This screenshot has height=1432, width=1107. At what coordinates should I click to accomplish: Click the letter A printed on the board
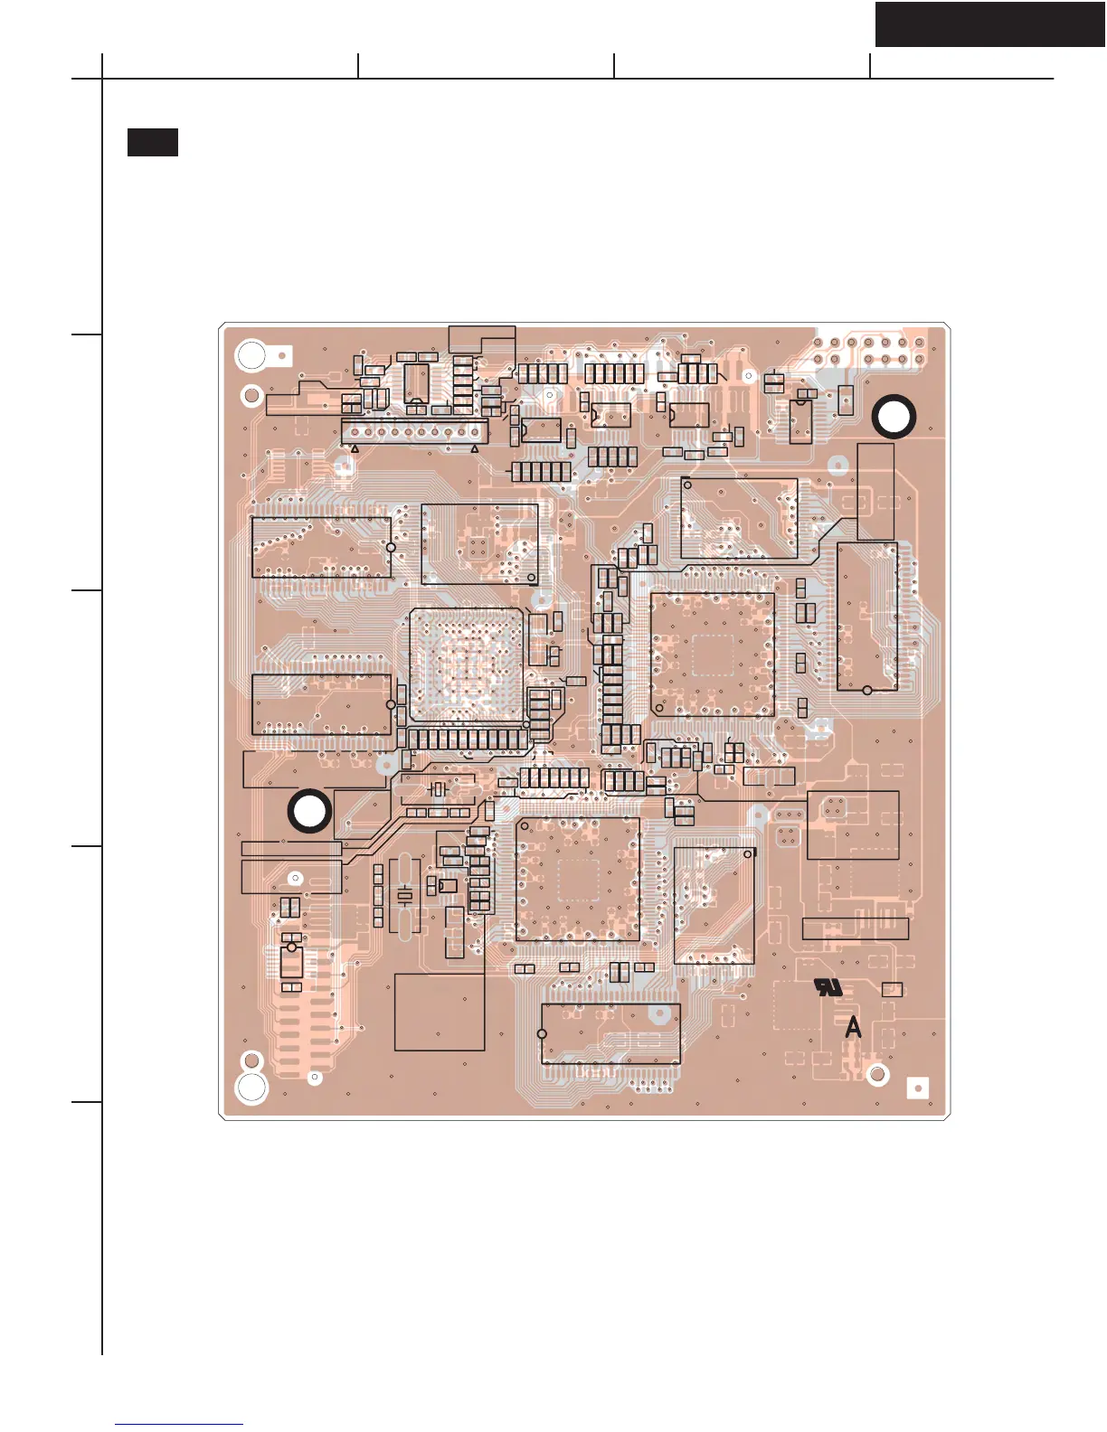click(853, 1028)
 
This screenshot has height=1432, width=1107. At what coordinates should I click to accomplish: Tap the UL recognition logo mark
click(828, 986)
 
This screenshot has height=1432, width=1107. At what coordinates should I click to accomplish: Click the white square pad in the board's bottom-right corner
click(917, 1088)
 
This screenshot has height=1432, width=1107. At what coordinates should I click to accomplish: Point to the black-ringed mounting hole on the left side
click(309, 811)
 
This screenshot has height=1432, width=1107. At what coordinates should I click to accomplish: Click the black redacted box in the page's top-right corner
click(989, 24)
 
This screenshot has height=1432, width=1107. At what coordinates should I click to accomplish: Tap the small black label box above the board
click(152, 142)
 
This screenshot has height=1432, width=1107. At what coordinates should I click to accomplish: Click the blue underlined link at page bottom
click(179, 1424)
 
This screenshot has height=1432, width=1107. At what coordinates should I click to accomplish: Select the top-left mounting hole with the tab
click(251, 355)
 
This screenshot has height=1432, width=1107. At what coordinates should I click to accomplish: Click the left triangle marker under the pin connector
click(355, 448)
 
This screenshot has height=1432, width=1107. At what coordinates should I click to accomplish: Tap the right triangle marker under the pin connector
click(475, 448)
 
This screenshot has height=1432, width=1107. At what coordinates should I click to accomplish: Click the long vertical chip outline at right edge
click(866, 617)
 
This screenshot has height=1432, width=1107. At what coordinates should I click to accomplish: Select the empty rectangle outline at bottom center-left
click(440, 1012)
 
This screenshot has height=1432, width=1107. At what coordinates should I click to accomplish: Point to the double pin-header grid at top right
click(868, 351)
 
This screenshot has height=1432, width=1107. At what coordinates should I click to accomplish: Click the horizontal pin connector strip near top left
click(414, 431)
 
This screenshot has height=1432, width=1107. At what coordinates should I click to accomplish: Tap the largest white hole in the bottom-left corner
click(251, 1087)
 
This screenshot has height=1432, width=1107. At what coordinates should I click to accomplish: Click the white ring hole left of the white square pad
click(876, 1075)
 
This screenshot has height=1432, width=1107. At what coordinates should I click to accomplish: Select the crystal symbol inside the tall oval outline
click(405, 895)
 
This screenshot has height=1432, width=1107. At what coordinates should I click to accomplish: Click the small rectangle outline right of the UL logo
click(892, 989)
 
